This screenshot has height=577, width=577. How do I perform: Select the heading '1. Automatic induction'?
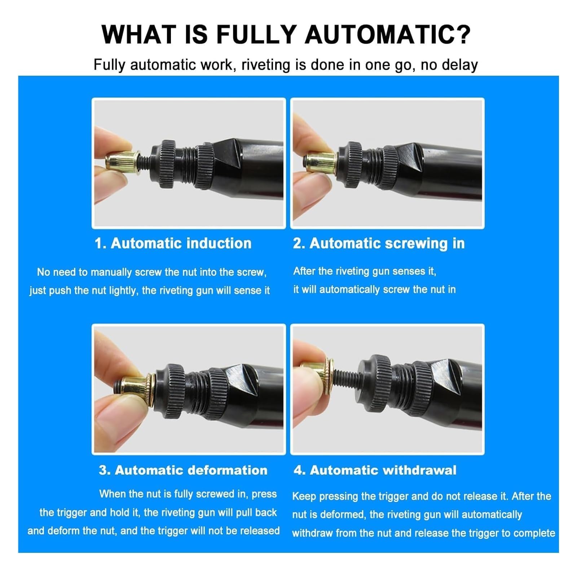click(173, 243)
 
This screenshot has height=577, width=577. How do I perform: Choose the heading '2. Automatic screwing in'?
click(379, 244)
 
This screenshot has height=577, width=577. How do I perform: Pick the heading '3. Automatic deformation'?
click(183, 470)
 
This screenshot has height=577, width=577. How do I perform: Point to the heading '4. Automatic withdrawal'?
click(375, 470)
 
